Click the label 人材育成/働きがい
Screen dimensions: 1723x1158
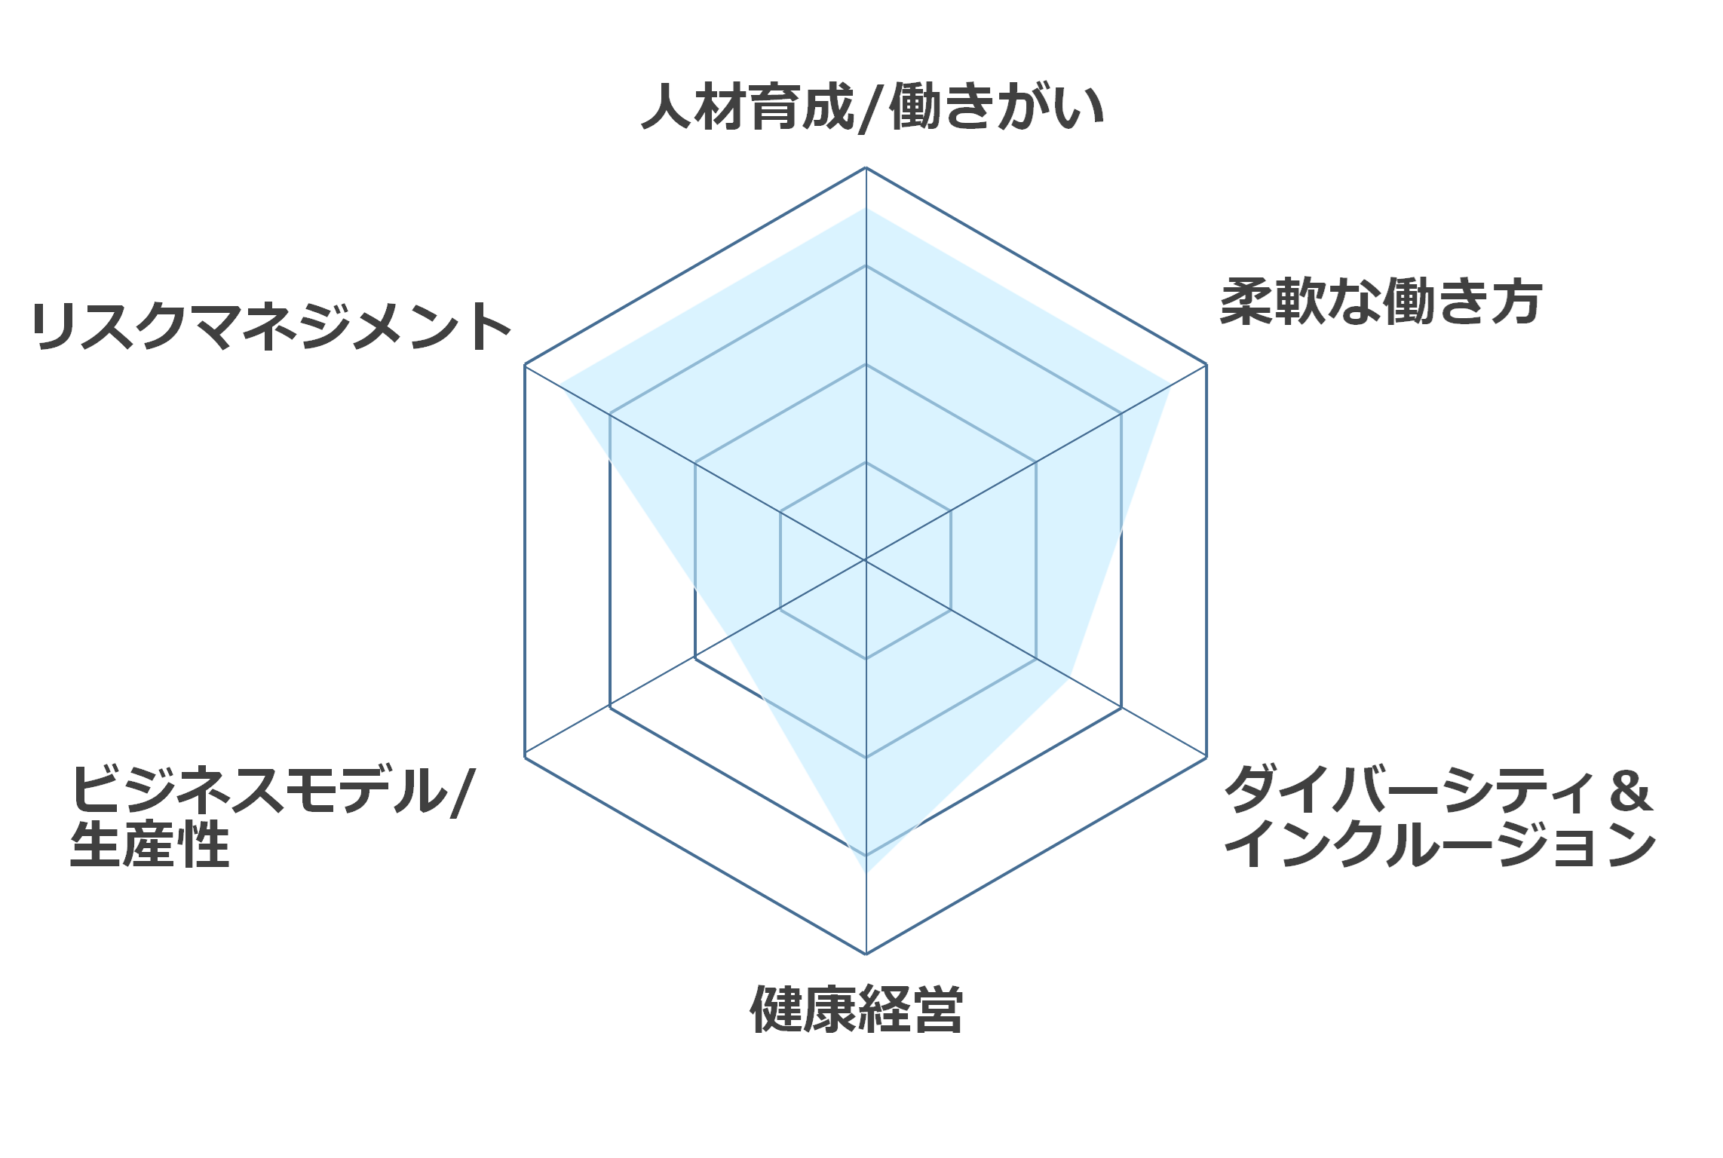[x=872, y=108]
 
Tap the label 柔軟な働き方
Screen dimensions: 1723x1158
[x=1381, y=302]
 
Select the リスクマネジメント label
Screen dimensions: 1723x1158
[x=271, y=326]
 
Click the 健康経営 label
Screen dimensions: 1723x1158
[x=857, y=1009]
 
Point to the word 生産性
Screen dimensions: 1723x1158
[x=149, y=844]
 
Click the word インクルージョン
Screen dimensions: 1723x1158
[x=1439, y=844]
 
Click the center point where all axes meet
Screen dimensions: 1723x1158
[x=866, y=561]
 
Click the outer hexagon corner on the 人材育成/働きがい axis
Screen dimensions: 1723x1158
[x=866, y=167]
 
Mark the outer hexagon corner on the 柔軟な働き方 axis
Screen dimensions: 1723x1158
[x=1206, y=365]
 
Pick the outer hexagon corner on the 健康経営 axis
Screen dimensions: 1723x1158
[x=866, y=954]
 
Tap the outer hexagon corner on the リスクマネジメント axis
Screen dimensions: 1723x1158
[x=525, y=365]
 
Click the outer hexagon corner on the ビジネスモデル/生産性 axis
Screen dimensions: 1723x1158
[x=525, y=757]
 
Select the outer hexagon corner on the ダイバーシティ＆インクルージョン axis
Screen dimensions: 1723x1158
[x=1206, y=757]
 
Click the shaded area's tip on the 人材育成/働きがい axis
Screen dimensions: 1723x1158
[x=866, y=208]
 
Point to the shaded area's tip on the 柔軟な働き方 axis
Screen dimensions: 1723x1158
[x=1170, y=385]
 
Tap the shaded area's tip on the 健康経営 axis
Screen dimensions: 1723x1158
[x=866, y=873]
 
